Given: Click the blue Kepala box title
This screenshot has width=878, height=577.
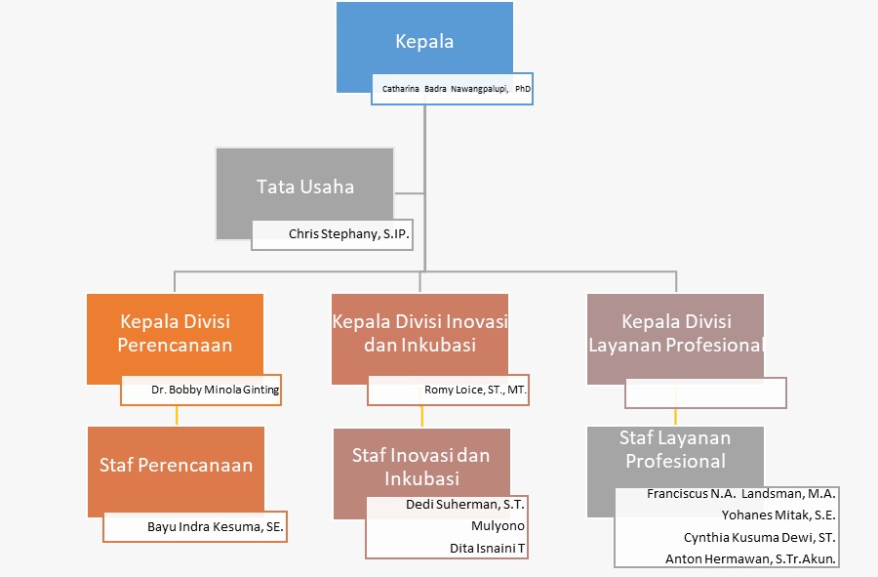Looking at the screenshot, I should pyautogui.click(x=424, y=42).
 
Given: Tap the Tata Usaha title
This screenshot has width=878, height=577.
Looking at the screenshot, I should pyautogui.click(x=305, y=186).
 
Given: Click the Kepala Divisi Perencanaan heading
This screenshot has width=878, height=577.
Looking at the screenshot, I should pyautogui.click(x=176, y=333).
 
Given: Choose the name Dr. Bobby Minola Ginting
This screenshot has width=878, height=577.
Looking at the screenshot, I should pyautogui.click(x=215, y=390).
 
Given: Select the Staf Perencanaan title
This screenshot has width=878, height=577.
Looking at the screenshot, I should pyautogui.click(x=176, y=466).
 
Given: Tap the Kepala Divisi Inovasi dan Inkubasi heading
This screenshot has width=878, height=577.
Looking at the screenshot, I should pyautogui.click(x=419, y=333).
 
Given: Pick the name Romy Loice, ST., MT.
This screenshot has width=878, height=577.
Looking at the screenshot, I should pyautogui.click(x=476, y=390).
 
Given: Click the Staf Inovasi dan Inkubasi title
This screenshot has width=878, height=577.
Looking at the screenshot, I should pyautogui.click(x=420, y=467).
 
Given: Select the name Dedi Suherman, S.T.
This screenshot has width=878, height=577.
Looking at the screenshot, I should pyautogui.click(x=465, y=505).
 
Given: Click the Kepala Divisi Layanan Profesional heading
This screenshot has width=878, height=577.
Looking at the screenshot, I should pyautogui.click(x=676, y=333).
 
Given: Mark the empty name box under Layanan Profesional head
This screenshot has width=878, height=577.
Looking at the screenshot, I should pyautogui.click(x=705, y=392).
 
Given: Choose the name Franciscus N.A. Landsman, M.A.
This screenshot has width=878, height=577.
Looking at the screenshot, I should pyautogui.click(x=741, y=494).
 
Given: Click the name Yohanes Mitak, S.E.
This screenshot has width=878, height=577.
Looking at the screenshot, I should pyautogui.click(x=778, y=515).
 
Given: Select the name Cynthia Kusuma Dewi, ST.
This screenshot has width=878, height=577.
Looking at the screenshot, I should pyautogui.click(x=760, y=537).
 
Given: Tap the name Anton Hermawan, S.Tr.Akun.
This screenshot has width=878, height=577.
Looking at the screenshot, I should pyautogui.click(x=750, y=559).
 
